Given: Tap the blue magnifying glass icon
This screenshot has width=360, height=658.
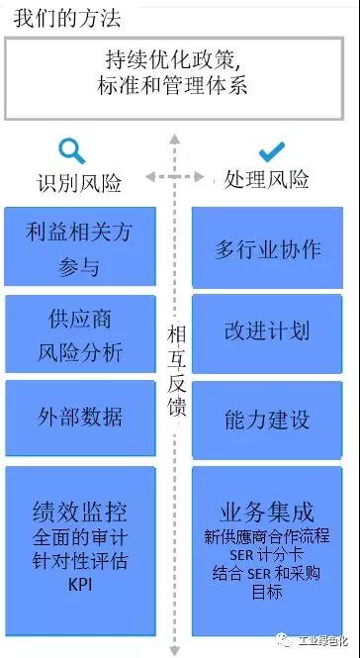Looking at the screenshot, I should click(71, 151).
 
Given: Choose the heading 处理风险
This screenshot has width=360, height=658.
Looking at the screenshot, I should click(267, 180).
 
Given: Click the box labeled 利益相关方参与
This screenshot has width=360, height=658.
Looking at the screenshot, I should click(79, 248).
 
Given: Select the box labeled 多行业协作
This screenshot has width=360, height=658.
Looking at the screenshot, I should click(267, 247).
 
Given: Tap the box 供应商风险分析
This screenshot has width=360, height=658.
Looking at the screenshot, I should click(79, 334).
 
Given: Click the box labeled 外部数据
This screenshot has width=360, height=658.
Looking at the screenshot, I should click(79, 417).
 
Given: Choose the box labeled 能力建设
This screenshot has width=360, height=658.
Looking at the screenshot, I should click(267, 419).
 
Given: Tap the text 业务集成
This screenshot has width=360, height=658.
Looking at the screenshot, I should click(267, 512).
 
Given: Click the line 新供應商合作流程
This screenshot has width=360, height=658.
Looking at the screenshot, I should click(267, 535).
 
